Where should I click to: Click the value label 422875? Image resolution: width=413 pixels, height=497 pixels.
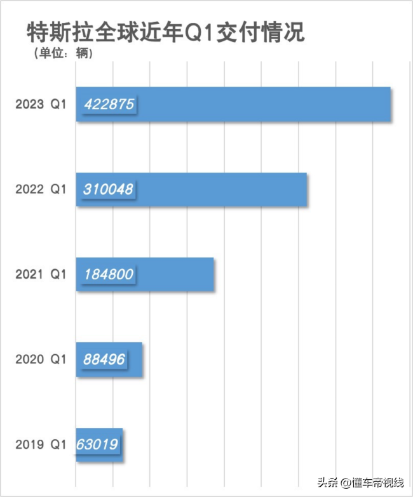(109, 104)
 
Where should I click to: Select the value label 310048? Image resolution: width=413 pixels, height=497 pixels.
(109, 189)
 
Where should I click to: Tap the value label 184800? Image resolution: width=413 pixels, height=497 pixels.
(109, 274)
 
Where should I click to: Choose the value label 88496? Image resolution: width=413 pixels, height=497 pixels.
(104, 359)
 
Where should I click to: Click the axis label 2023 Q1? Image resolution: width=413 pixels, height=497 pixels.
(41, 104)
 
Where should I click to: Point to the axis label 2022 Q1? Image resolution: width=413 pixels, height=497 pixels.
(41, 189)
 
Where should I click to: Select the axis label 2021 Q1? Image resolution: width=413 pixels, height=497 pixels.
(41, 274)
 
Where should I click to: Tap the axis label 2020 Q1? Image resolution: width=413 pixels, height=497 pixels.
(41, 359)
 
